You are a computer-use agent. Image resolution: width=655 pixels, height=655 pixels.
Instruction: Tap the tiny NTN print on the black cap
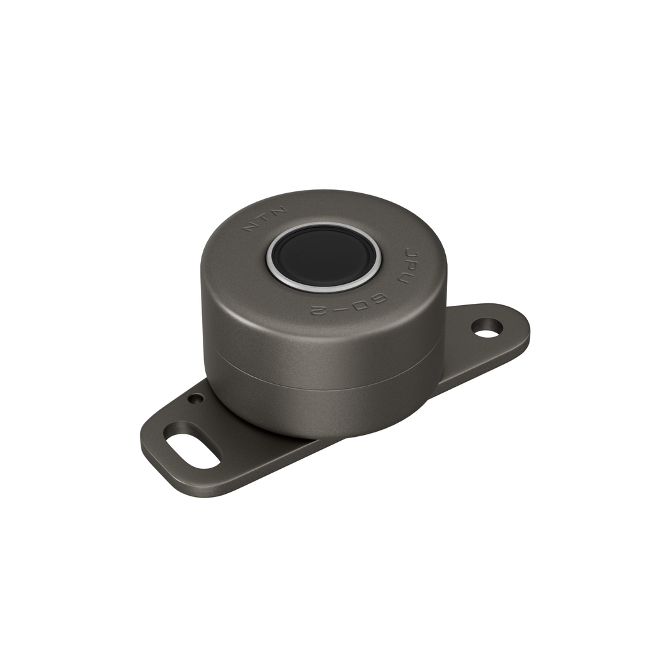[x=301, y=254]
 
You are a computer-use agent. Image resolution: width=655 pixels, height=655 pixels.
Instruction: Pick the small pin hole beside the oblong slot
[x=196, y=399]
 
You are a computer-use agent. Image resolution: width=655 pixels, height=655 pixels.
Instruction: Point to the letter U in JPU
[x=406, y=278]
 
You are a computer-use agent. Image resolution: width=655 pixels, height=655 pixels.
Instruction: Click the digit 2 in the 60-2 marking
[x=318, y=311]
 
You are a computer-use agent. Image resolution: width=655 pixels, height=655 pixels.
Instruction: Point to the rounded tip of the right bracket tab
[x=521, y=326]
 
